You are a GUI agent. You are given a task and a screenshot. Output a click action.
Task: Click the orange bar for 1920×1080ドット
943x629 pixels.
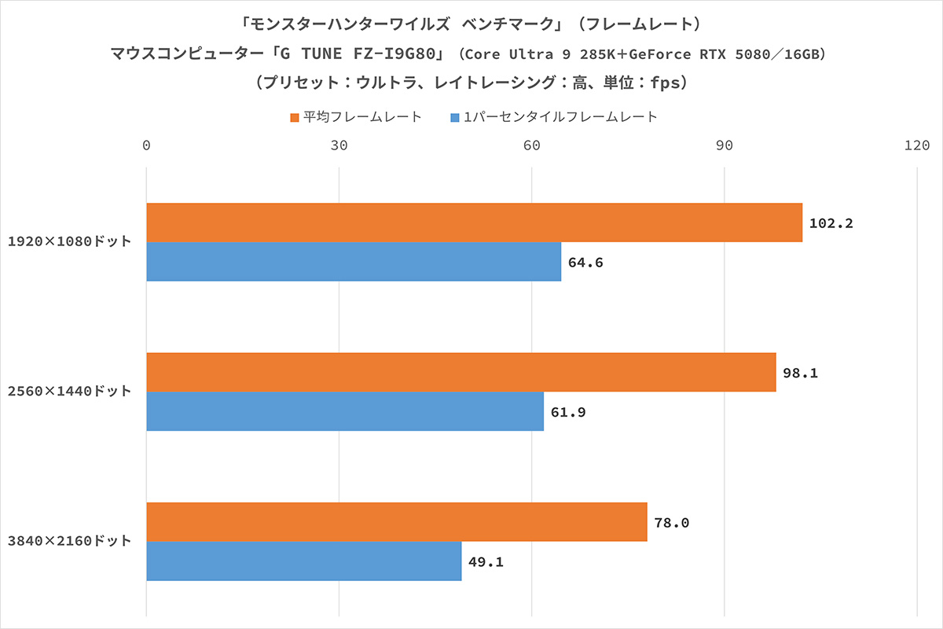click(x=474, y=223)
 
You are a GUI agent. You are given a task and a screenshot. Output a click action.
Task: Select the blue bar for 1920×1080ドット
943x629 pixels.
click(x=354, y=262)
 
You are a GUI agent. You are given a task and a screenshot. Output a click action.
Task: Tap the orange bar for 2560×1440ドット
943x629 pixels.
click(x=461, y=373)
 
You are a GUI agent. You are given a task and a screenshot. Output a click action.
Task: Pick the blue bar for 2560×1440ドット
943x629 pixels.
click(x=345, y=411)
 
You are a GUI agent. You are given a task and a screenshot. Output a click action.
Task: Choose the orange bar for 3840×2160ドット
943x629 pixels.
click(x=397, y=522)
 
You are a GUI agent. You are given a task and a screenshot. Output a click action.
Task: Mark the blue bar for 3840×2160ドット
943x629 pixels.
click(x=304, y=561)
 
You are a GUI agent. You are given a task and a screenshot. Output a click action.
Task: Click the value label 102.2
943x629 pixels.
click(x=831, y=223)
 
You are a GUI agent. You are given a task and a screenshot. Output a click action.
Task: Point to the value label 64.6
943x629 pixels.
click(x=585, y=263)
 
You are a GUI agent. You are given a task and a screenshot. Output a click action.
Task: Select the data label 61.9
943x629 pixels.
click(x=567, y=412)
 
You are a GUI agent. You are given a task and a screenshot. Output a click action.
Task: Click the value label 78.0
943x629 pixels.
click(x=672, y=523)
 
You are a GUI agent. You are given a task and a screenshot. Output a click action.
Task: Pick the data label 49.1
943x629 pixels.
click(x=486, y=562)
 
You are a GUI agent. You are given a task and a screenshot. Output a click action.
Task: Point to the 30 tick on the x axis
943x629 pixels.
click(x=339, y=145)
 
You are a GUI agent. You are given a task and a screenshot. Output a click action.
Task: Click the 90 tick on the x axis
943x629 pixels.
click(x=725, y=145)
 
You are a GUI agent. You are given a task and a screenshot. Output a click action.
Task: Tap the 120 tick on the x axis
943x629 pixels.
click(x=917, y=145)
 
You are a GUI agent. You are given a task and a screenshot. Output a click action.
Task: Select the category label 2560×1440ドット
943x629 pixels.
click(x=69, y=392)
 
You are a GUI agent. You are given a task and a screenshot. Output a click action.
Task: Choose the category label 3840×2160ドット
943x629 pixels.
click(x=69, y=542)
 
